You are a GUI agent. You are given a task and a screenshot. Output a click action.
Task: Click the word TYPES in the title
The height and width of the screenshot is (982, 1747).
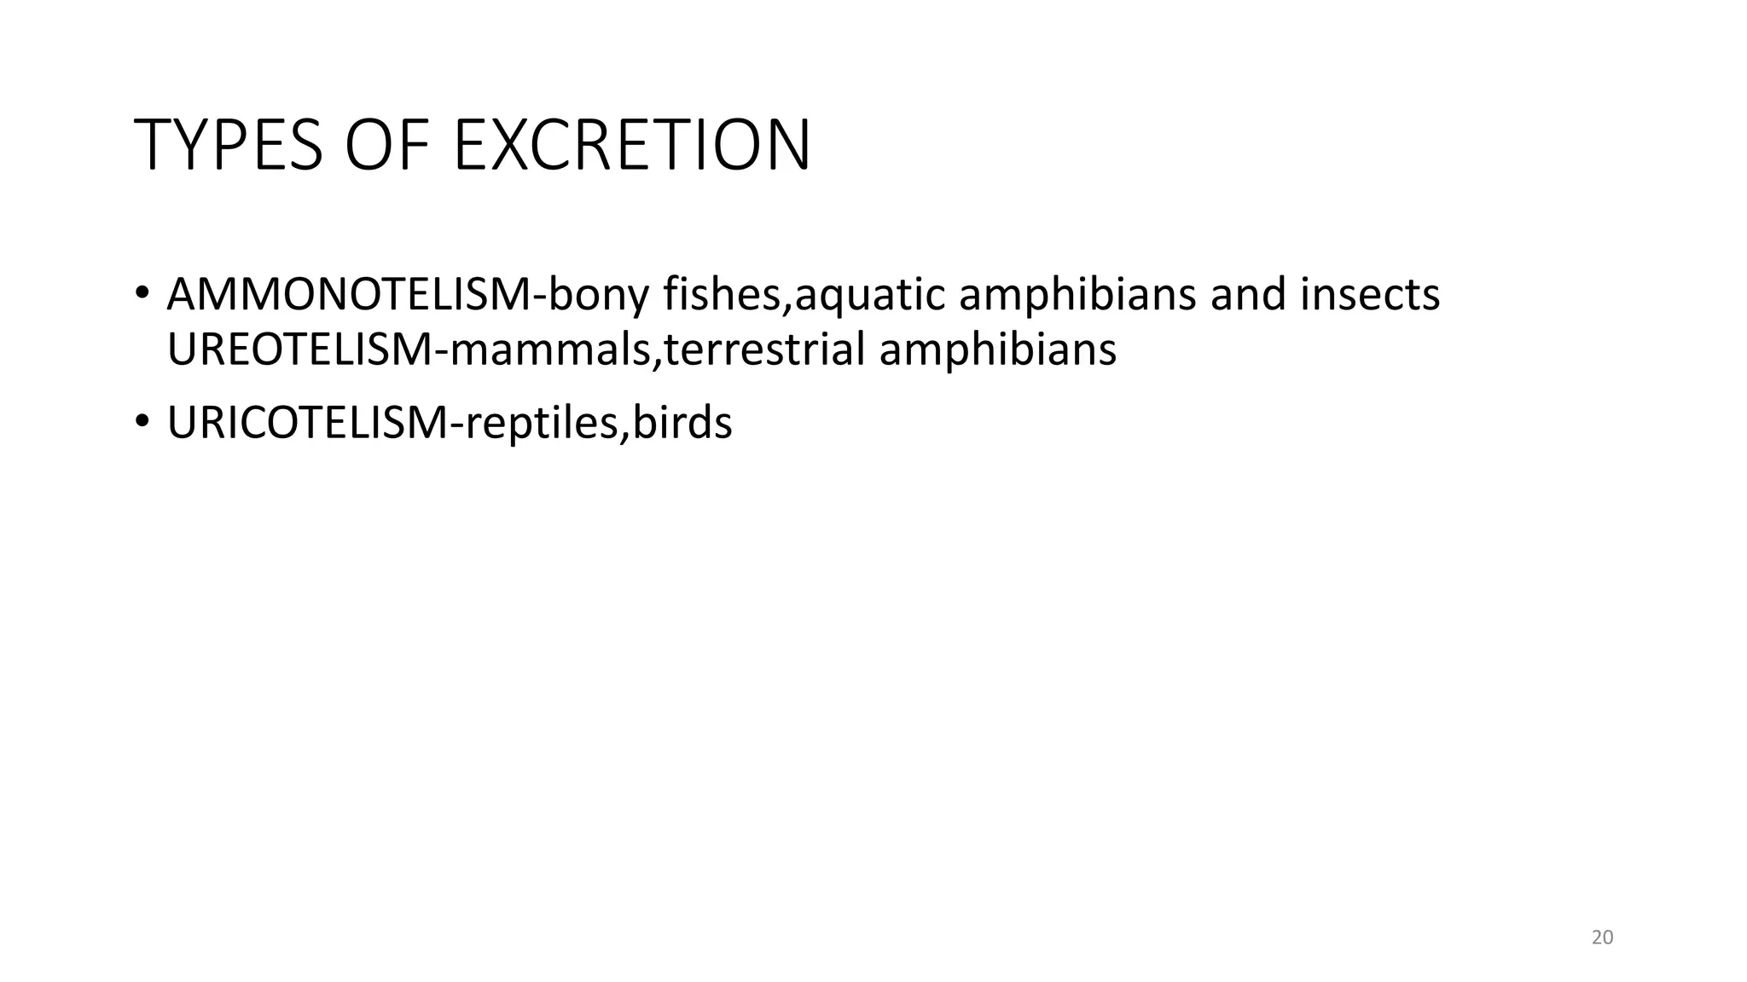[x=228, y=145]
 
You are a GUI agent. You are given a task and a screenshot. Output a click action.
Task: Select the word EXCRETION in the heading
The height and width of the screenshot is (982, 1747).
[x=632, y=145]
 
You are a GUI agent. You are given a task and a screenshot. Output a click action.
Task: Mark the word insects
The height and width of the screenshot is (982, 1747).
[x=1370, y=294]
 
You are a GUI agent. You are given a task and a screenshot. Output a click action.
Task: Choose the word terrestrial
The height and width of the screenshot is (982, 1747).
[x=764, y=349]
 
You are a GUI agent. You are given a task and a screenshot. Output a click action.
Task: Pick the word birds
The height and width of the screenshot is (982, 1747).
[x=682, y=423]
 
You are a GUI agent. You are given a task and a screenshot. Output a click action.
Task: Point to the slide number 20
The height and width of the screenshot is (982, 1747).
[x=1602, y=938]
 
